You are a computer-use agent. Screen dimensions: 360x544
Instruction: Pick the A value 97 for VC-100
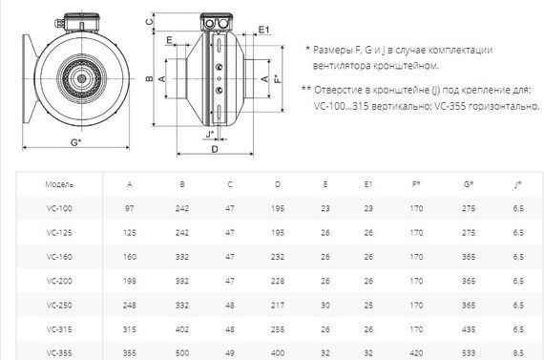click(130, 207)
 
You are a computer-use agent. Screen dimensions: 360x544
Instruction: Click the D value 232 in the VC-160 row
click(277, 256)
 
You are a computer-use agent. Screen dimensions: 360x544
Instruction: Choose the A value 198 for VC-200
click(130, 281)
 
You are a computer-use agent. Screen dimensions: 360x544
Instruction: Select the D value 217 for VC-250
click(277, 306)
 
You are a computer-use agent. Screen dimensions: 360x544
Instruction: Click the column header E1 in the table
click(368, 183)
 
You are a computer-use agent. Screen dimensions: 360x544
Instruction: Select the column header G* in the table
click(467, 183)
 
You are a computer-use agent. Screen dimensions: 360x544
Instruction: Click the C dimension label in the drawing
click(151, 19)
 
